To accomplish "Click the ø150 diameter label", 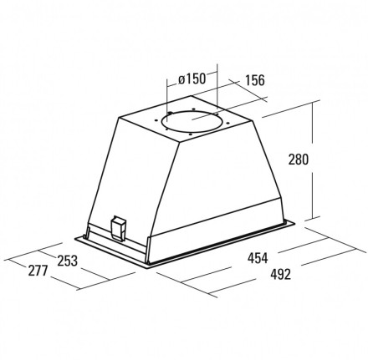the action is point(192,79).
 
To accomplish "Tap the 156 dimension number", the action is point(254,80).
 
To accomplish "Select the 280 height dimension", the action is point(299,160).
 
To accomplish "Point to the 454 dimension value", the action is point(258,258).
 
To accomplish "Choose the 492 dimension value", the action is point(280,274).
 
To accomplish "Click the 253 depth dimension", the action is point(67,261).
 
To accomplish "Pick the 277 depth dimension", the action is point(38,271).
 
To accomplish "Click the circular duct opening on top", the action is point(192,120).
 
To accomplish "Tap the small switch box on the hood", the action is point(118,228).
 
